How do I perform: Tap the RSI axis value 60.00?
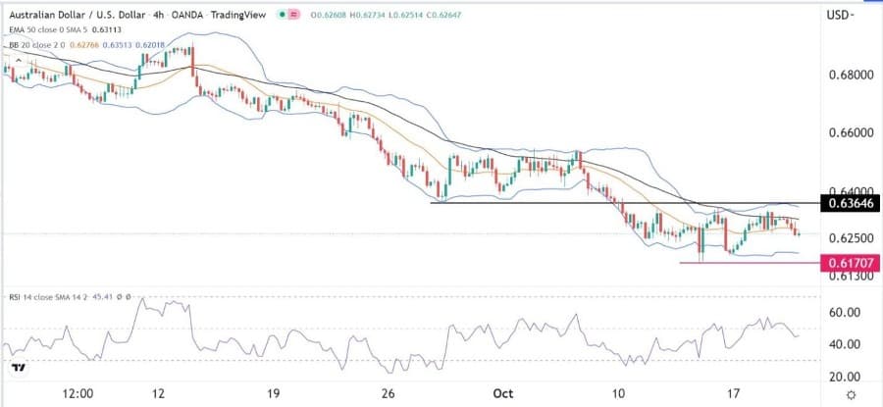844,312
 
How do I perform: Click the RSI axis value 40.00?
844,344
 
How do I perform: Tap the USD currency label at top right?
839,15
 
